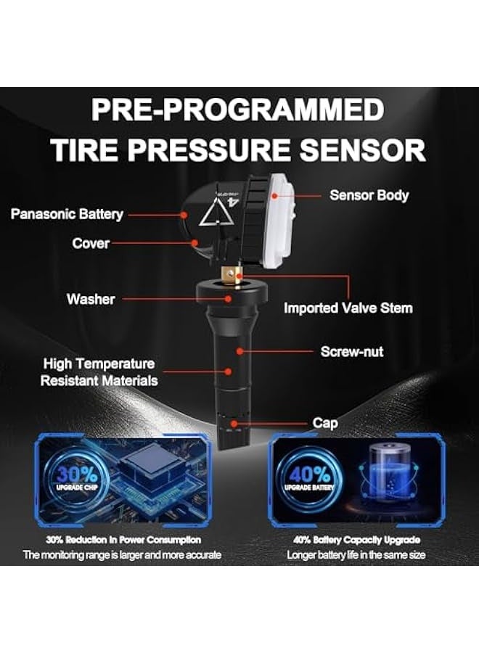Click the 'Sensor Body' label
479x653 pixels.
[369, 194]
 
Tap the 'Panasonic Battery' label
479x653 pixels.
[67, 214]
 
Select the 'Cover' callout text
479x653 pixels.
[91, 243]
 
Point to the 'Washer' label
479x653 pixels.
[91, 298]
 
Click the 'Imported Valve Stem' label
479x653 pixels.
[348, 308]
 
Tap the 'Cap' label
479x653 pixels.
[325, 423]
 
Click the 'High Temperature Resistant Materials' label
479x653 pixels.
[99, 371]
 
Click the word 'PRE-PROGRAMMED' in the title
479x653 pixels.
[239, 110]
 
